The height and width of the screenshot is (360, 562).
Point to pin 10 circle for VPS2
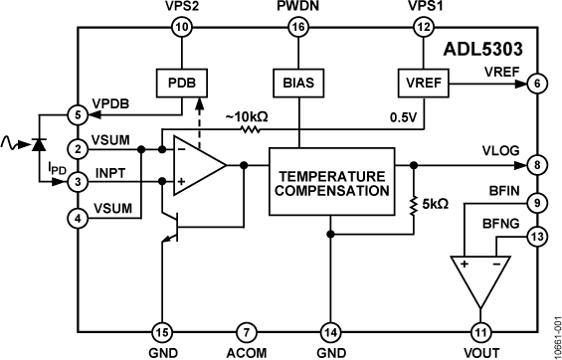181,29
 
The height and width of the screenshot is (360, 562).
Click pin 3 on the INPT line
79,182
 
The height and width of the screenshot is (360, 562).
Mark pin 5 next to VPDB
79,114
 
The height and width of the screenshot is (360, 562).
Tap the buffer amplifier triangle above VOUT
481,277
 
